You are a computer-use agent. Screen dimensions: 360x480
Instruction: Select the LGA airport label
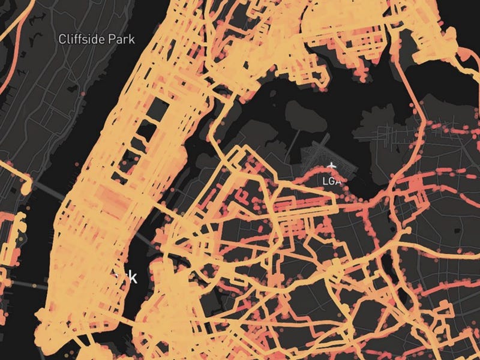[x=331, y=181]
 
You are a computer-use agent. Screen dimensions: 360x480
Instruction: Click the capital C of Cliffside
[x=62, y=40]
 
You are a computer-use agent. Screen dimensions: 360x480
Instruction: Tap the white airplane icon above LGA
[x=331, y=165]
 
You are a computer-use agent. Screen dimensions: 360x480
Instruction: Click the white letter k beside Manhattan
[x=133, y=277]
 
